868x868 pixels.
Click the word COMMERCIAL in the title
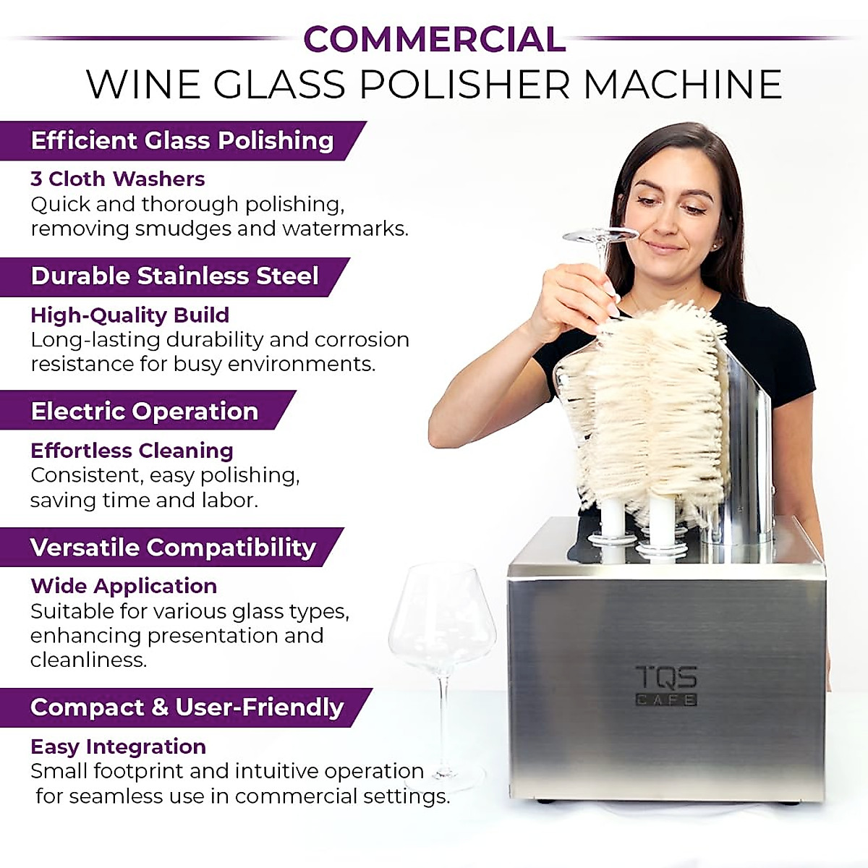click(x=434, y=39)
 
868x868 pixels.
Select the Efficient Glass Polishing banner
click(x=182, y=140)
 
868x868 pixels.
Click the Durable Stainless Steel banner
click(x=175, y=276)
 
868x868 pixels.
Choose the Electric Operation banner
click(x=145, y=411)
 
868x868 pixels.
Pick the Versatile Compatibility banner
click(x=174, y=548)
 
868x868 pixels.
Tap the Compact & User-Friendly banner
click(x=187, y=707)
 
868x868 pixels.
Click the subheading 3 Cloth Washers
click(x=118, y=179)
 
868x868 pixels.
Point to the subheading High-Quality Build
click(x=130, y=315)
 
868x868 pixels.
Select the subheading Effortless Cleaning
click(x=132, y=451)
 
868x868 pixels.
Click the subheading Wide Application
click(x=124, y=586)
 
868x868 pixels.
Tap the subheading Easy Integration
click(x=119, y=746)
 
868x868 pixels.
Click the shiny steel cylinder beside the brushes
click(x=745, y=448)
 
